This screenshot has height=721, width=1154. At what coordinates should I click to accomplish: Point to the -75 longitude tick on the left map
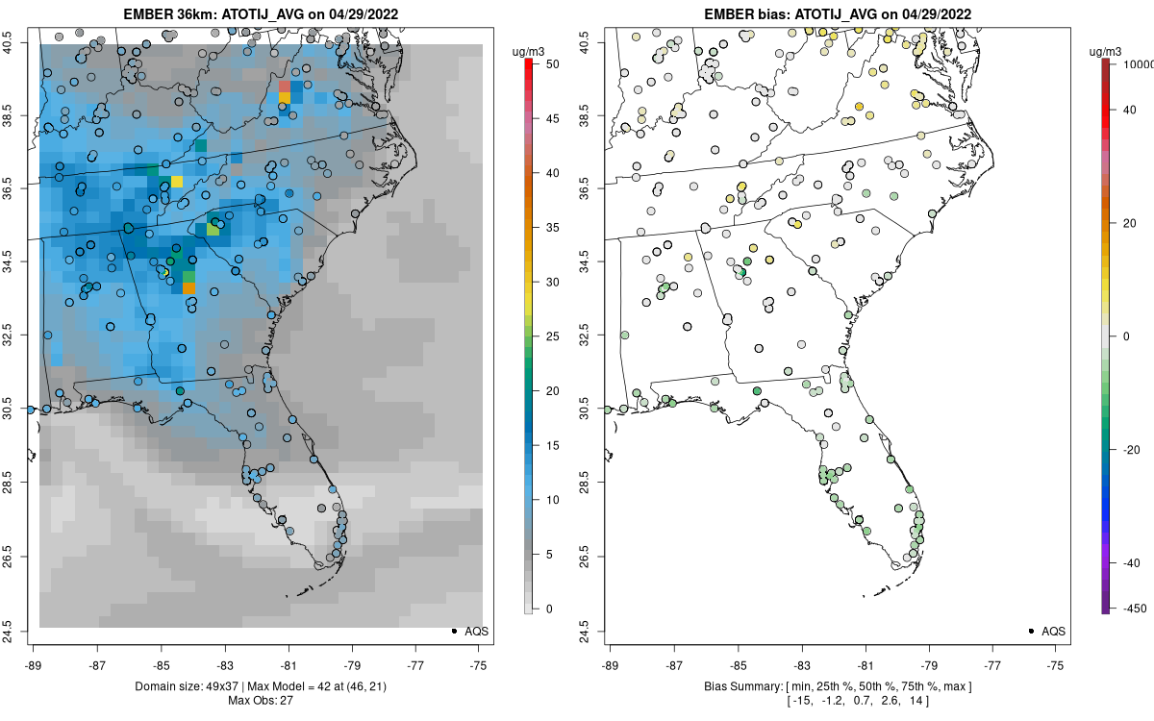coord(480,664)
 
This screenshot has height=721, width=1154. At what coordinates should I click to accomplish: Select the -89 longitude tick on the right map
coord(611,664)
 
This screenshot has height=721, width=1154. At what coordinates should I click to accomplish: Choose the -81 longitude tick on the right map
coord(865,664)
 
